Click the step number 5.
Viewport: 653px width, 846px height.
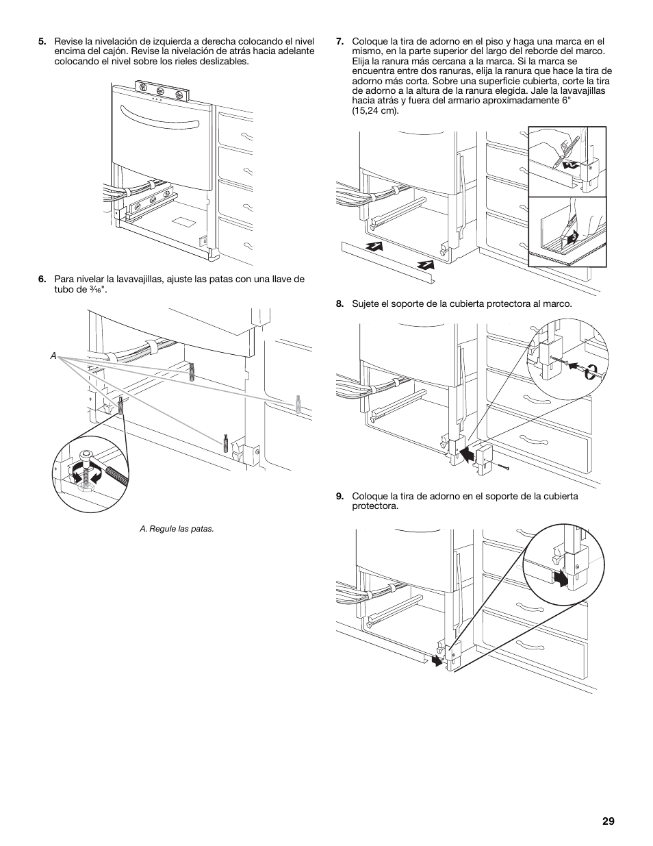point(42,41)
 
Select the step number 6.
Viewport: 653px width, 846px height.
point(42,279)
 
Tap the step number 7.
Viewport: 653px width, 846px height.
point(340,41)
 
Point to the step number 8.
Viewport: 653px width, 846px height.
point(340,303)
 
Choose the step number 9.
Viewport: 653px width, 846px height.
point(340,496)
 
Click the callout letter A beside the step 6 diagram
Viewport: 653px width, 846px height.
point(52,357)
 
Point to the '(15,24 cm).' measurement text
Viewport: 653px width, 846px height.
point(375,110)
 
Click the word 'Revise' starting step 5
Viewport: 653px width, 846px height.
point(67,41)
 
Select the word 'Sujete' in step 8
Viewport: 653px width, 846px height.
point(366,303)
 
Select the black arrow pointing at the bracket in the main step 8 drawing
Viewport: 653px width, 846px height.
point(467,453)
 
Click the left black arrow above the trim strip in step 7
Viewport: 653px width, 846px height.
point(372,249)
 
